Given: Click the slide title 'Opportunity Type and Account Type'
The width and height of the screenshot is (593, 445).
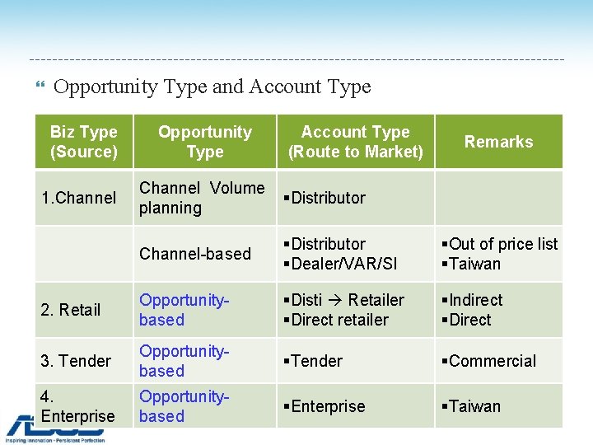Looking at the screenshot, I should click(x=212, y=87).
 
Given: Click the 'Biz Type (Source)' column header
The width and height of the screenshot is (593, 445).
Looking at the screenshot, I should click(x=83, y=142).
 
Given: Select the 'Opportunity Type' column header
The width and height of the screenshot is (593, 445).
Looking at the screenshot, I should click(x=204, y=142).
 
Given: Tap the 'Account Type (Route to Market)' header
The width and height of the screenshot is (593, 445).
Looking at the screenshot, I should click(x=355, y=142).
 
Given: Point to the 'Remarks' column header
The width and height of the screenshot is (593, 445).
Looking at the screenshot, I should click(x=498, y=142).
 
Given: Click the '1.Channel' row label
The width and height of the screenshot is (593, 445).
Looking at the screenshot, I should click(x=79, y=198).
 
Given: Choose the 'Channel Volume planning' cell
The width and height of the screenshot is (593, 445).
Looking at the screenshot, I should click(x=201, y=198).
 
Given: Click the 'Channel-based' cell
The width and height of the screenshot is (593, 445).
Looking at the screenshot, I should click(x=195, y=254).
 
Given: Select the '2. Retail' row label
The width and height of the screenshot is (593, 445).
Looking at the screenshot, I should click(x=70, y=310).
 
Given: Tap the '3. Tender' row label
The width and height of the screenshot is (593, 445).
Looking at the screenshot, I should click(x=75, y=361).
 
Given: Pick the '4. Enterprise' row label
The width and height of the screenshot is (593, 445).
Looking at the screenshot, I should click(x=77, y=406).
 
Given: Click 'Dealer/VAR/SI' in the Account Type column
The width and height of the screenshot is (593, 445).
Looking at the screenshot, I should click(x=343, y=264).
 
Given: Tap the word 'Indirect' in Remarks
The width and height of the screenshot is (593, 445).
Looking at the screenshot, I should click(x=475, y=300).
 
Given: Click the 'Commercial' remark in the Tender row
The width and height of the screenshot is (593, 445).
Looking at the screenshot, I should click(x=493, y=361).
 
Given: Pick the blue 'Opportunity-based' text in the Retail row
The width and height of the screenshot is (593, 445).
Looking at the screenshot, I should click(x=184, y=310).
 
